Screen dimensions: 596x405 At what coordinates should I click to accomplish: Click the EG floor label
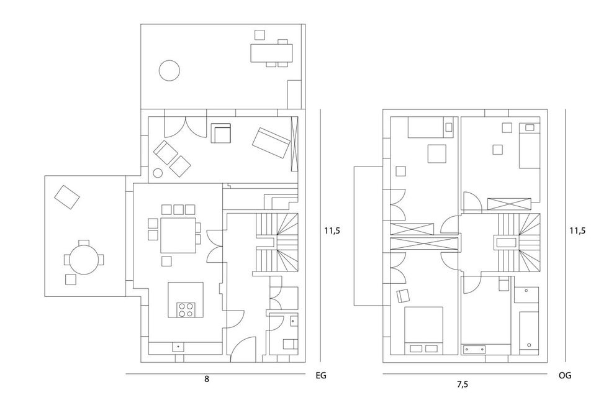[x=321, y=376]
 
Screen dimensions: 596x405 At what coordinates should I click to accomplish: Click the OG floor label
[x=565, y=376]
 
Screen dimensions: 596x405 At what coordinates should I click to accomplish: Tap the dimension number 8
[x=207, y=379]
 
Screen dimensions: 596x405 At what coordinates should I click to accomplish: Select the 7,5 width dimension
[x=462, y=385]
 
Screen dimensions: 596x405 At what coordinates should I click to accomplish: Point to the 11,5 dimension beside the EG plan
[x=332, y=230]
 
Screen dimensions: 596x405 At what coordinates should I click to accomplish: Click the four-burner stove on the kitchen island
[x=186, y=310]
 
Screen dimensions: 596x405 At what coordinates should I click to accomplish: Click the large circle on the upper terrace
[x=169, y=70]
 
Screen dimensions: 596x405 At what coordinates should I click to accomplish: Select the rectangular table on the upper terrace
[x=272, y=53]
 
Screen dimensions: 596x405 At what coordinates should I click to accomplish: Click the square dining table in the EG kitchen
[x=178, y=235]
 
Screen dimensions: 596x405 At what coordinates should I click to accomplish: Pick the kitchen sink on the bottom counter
[x=178, y=347]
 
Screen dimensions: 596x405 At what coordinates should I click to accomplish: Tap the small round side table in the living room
[x=157, y=173]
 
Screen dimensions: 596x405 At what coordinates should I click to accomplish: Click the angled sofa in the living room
[x=271, y=143]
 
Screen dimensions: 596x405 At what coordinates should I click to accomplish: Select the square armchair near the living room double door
[x=221, y=133]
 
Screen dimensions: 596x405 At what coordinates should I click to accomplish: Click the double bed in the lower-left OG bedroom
[x=423, y=330]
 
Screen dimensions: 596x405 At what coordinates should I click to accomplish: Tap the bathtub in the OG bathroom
[x=529, y=331]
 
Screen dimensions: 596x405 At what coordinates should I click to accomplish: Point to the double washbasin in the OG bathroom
[x=474, y=348]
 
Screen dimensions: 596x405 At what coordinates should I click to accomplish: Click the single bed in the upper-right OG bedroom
[x=530, y=145]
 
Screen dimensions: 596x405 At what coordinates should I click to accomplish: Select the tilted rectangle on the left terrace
[x=67, y=197]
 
